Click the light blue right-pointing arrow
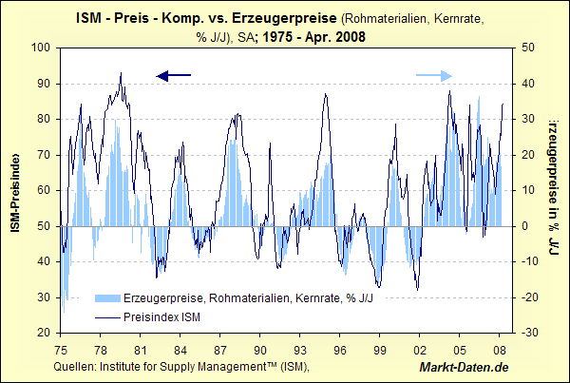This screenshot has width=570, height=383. point(434,75)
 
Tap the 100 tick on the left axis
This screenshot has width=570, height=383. point(41,48)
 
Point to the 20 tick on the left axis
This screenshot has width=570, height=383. point(44,334)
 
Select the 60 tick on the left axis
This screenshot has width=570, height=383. point(44,190)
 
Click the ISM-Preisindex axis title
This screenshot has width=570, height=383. point(15,190)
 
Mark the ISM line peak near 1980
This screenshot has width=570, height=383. point(121,73)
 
